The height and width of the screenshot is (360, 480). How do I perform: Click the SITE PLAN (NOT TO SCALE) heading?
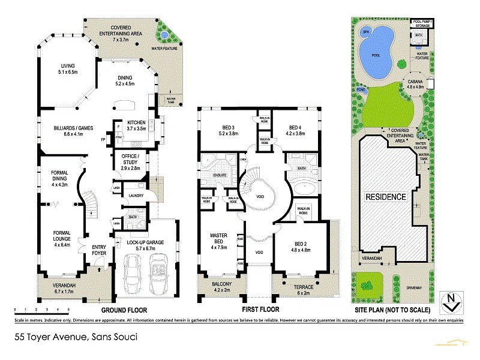pyautogui.click(x=391, y=311)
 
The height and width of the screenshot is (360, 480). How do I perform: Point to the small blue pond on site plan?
pyautogui.click(x=361, y=90)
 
